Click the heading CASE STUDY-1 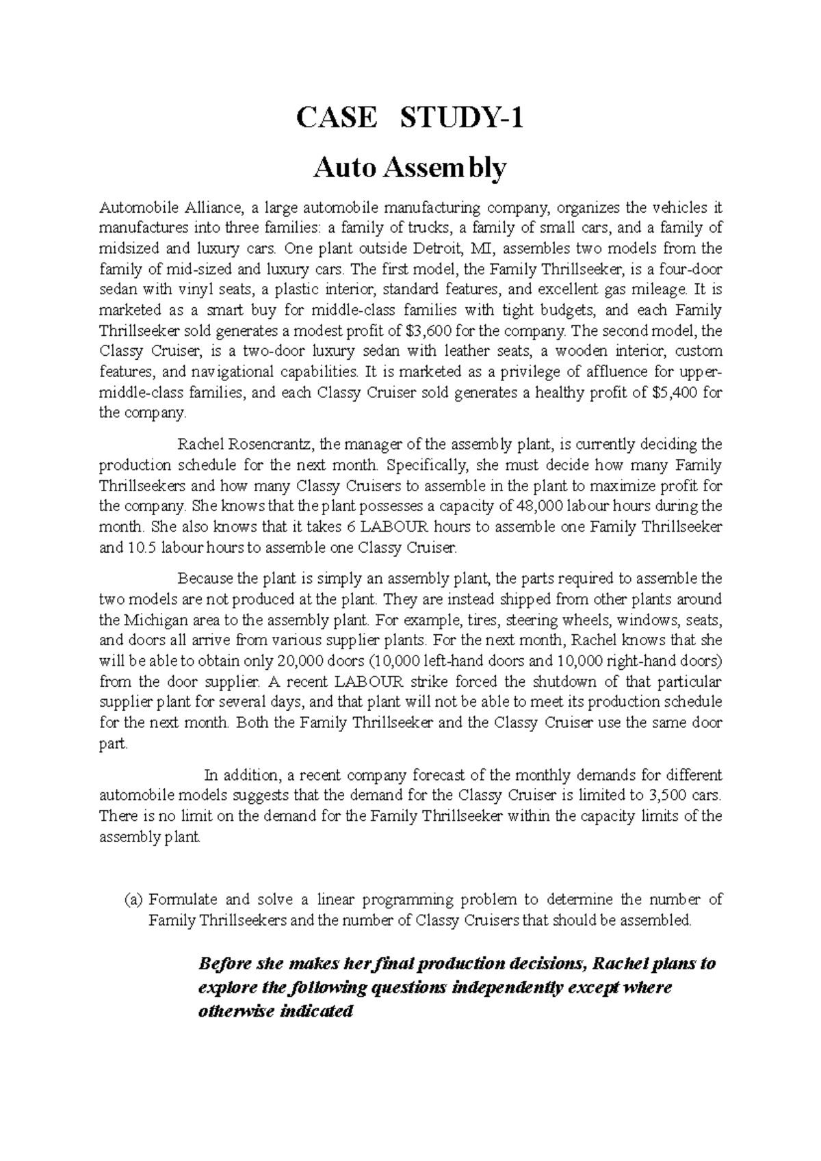coord(410,119)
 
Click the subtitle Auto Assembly coord(410,168)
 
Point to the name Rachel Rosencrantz coord(243,445)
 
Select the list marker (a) coord(133,900)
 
